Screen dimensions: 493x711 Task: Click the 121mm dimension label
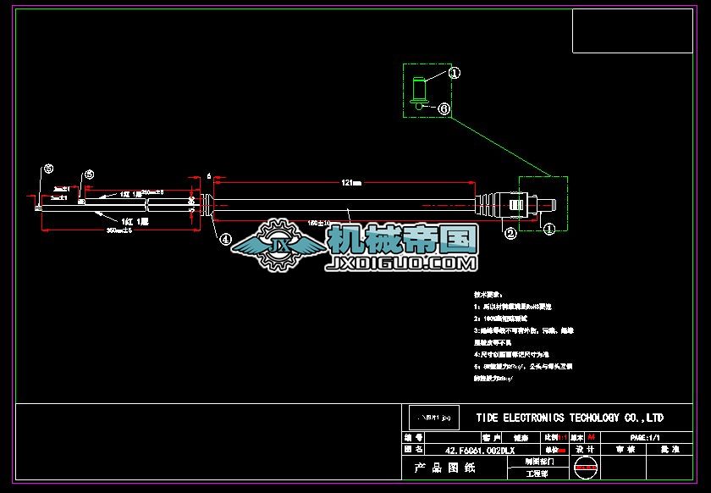[351, 183]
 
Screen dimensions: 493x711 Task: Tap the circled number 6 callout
[444, 109]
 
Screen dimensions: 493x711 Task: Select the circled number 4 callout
[226, 240]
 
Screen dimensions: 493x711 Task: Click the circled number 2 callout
[510, 233]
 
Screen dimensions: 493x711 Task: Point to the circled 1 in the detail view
[454, 73]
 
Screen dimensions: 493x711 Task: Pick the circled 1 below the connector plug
[548, 229]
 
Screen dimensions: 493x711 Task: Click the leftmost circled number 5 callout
[48, 169]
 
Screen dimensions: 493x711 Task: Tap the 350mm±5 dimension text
[118, 230]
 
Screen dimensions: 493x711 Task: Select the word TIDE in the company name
[488, 418]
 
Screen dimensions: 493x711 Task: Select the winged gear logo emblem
[277, 245]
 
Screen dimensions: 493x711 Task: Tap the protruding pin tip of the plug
[548, 205]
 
